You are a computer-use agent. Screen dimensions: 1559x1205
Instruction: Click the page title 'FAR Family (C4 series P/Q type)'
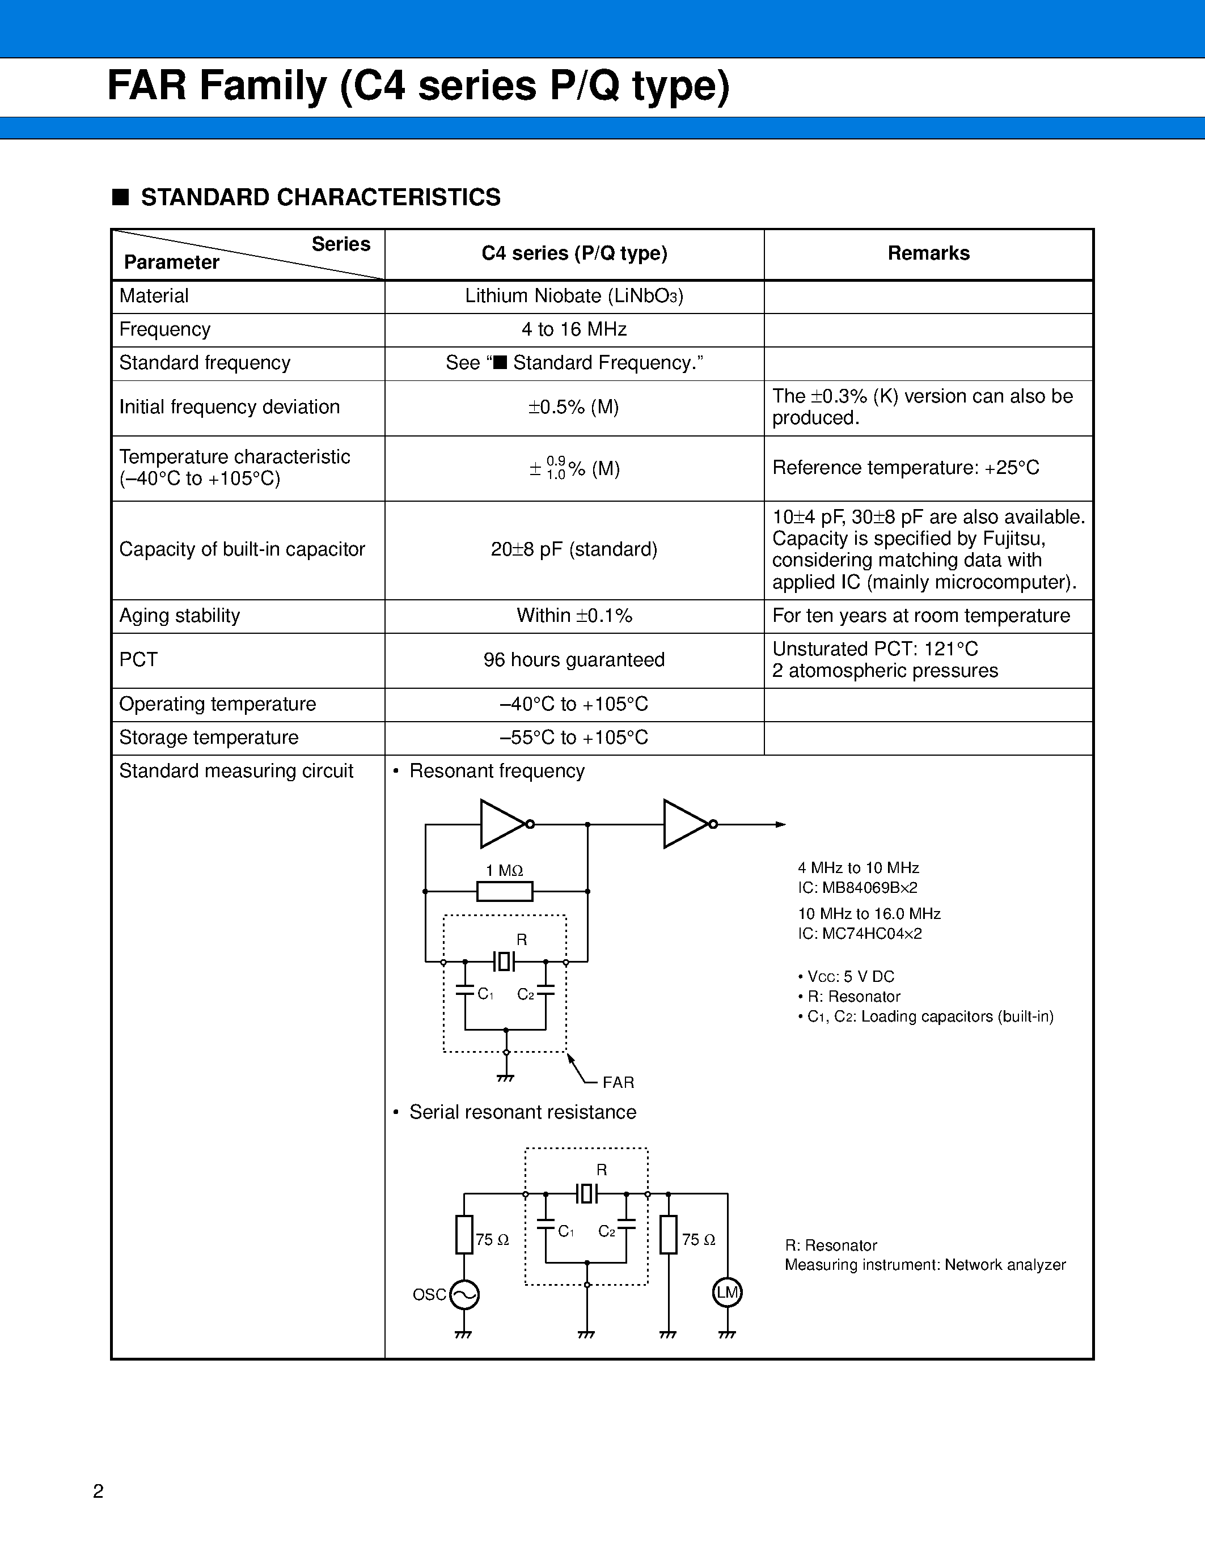(x=418, y=86)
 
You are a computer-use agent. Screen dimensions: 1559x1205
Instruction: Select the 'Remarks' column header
(x=928, y=253)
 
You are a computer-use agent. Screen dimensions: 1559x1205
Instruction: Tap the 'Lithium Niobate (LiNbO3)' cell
(x=574, y=296)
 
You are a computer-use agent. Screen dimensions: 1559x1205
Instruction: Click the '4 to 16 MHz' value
(x=574, y=330)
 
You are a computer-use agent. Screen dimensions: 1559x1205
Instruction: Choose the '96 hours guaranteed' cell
(x=574, y=659)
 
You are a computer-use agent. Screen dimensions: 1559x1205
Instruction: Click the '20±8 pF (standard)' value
(x=574, y=550)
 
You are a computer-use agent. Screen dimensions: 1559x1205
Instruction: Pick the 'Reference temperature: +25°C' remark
(x=905, y=468)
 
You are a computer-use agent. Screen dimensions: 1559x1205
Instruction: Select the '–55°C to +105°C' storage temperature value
(x=574, y=738)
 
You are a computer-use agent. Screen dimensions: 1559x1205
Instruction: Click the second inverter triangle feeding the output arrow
(x=686, y=824)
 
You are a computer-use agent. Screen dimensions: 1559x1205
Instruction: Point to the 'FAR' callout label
(x=618, y=1082)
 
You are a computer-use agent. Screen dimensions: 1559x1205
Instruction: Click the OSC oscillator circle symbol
(x=464, y=1294)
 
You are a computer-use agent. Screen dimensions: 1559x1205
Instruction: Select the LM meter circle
(x=728, y=1292)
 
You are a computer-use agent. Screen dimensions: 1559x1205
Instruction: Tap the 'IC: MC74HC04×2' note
(x=860, y=934)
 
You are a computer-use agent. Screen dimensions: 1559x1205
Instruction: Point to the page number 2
(x=99, y=1490)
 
